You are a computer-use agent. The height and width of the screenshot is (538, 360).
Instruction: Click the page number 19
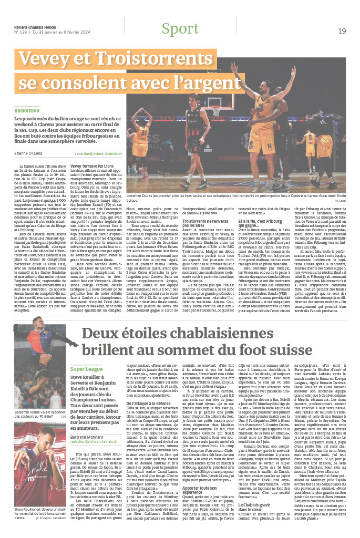point(342,31)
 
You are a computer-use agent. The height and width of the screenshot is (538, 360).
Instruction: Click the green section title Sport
point(180,29)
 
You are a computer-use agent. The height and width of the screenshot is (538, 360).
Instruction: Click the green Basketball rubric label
point(27,111)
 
